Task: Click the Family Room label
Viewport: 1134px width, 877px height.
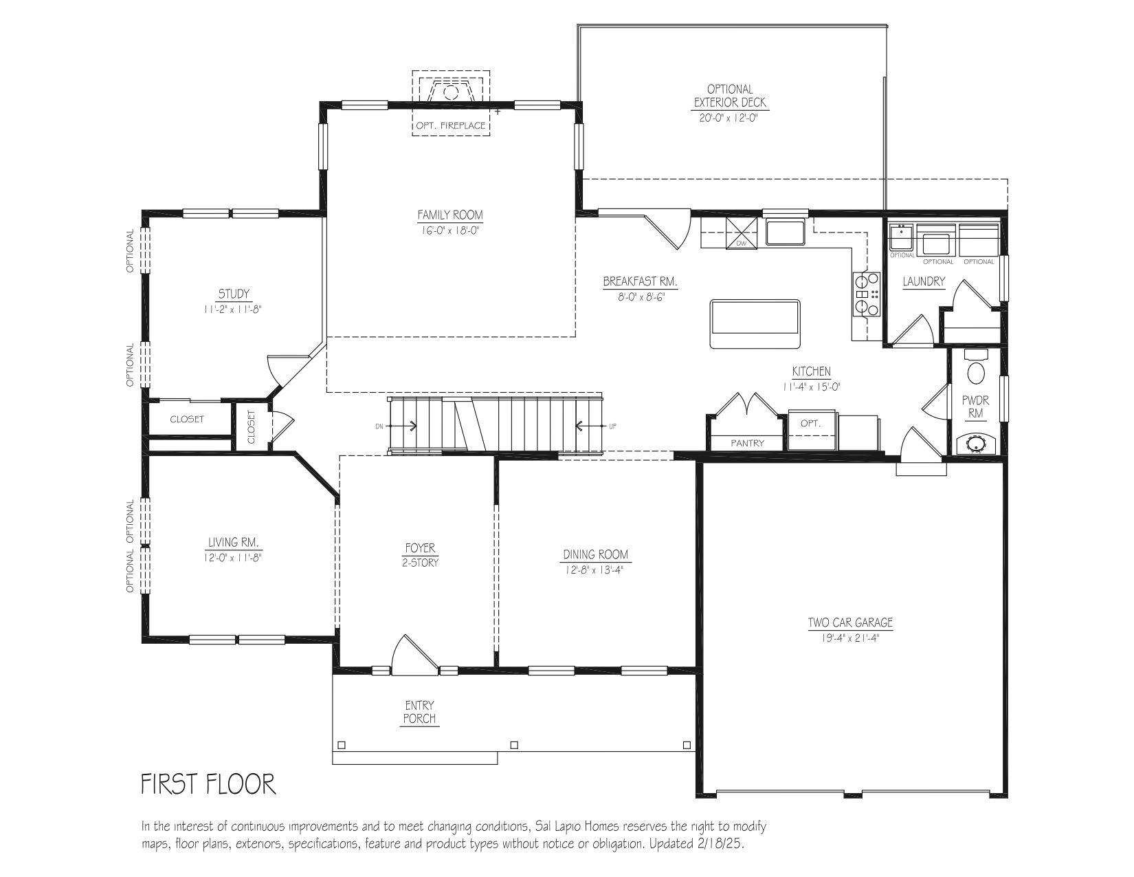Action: click(450, 215)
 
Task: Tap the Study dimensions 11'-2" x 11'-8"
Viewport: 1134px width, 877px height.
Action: click(233, 310)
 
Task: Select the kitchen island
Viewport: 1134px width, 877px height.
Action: click(755, 324)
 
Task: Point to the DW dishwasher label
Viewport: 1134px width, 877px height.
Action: click(741, 243)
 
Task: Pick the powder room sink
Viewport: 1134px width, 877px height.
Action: click(975, 444)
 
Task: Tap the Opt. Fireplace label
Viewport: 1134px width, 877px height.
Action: click(450, 125)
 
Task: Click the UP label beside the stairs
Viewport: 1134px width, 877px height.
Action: click(612, 426)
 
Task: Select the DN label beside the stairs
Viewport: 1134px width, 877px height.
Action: click(379, 426)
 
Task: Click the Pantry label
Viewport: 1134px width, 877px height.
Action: click(747, 443)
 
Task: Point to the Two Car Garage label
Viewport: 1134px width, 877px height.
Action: click(850, 622)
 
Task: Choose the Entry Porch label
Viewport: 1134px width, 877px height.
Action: click(419, 712)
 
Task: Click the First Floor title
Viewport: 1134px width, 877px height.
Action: click(208, 784)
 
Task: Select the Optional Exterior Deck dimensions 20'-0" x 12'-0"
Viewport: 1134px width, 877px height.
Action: click(728, 118)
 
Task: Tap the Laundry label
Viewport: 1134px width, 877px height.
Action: click(924, 281)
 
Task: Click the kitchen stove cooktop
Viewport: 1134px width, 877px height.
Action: click(866, 294)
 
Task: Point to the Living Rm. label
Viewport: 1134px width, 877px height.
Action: click(233, 542)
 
